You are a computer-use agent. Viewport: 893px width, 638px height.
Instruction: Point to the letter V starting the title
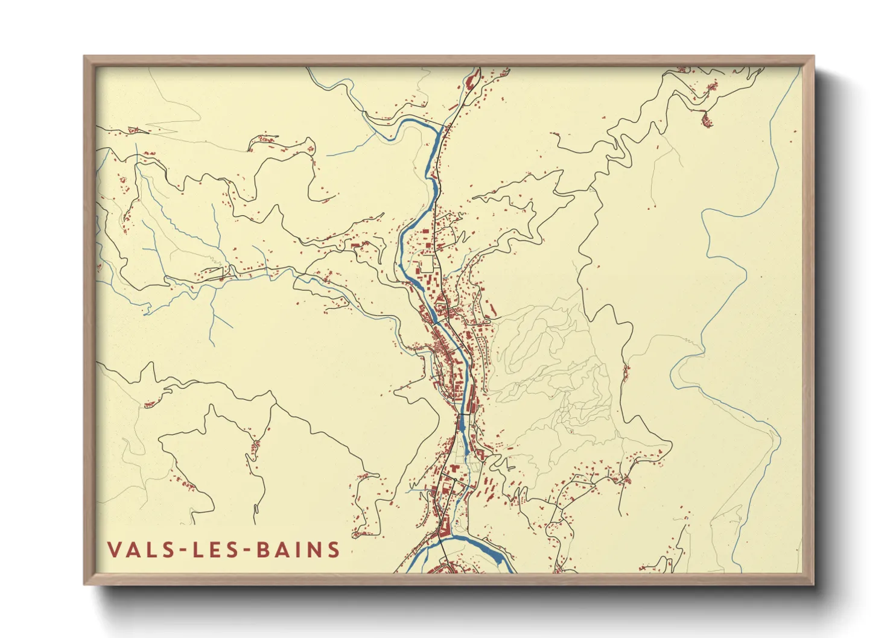click(114, 550)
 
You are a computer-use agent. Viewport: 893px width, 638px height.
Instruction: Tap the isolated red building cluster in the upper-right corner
click(706, 121)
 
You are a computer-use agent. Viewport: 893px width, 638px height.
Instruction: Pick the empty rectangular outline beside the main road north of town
click(427, 264)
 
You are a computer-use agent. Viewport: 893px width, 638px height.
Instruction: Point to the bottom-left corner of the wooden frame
click(85, 583)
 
